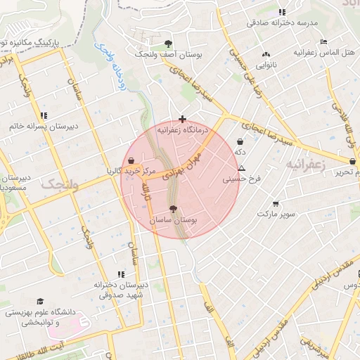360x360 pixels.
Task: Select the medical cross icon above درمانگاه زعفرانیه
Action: (x=183, y=120)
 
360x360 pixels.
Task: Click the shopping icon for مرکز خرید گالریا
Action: (x=132, y=160)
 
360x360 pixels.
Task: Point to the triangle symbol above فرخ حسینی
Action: (x=242, y=168)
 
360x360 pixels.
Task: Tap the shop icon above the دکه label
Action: (x=240, y=141)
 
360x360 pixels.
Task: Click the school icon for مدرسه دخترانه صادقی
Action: (x=283, y=12)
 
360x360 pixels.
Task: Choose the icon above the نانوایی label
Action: (x=266, y=54)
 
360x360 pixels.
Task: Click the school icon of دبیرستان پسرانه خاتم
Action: (x=44, y=115)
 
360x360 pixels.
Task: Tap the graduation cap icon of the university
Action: (x=40, y=301)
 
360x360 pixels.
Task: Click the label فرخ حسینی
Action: (x=242, y=179)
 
